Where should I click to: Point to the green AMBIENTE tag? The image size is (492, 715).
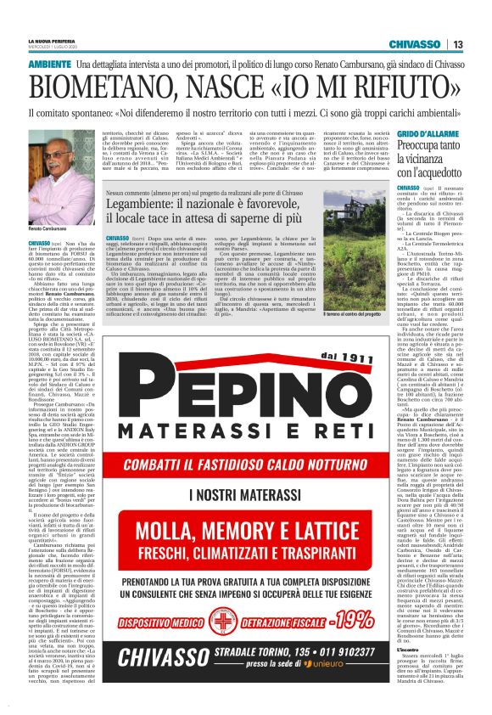coord(49,65)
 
